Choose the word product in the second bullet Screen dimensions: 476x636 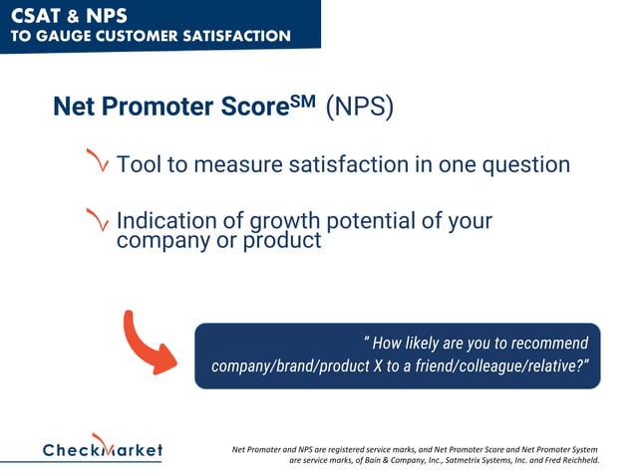282,240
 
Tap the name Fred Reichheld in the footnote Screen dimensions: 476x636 565,461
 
